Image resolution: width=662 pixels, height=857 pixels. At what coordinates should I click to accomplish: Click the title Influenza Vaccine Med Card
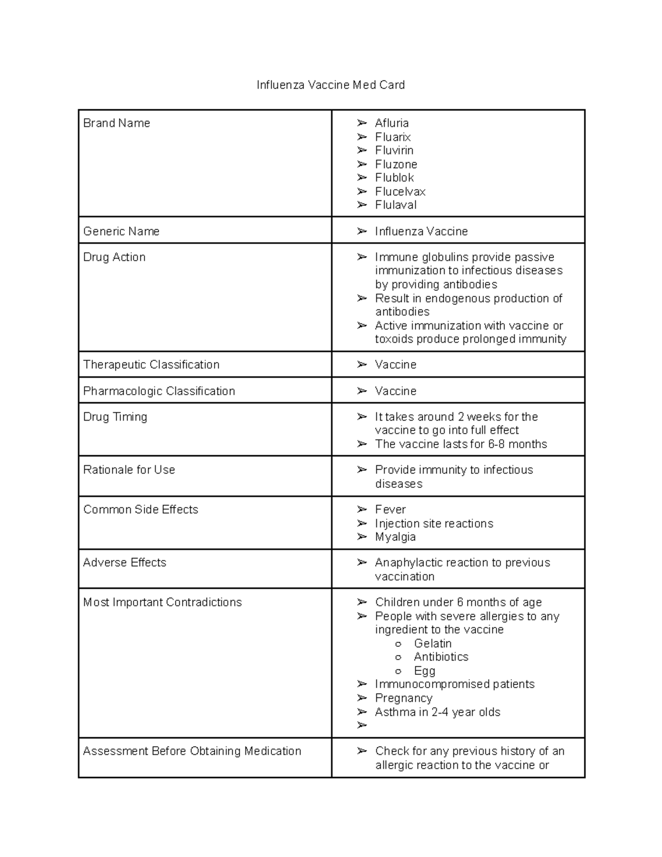tap(330, 85)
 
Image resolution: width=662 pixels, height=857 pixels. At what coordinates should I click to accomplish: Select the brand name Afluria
tap(392, 123)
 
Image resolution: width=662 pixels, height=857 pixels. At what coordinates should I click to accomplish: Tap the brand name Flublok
tap(394, 178)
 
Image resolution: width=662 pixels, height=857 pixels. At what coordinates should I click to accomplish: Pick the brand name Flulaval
tap(396, 205)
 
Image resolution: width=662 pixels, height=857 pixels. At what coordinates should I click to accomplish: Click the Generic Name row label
tap(121, 231)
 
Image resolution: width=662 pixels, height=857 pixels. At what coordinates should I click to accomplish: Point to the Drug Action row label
tap(114, 257)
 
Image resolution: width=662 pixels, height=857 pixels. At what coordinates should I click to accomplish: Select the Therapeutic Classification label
tap(151, 365)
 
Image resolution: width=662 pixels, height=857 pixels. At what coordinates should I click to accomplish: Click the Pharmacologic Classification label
tap(159, 391)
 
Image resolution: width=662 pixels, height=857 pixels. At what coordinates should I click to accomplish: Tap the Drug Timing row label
tap(115, 417)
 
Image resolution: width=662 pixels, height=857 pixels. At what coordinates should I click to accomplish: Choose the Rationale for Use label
tap(129, 470)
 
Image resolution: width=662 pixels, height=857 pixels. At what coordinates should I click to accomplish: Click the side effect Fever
tap(390, 509)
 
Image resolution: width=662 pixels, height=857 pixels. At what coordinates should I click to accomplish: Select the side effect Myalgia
tap(395, 537)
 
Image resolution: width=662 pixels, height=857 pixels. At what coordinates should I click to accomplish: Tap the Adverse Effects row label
tap(125, 563)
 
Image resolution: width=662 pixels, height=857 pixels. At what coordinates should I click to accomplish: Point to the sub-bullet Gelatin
tap(433, 643)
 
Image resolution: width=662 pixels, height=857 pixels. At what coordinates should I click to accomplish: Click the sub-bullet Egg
tap(424, 671)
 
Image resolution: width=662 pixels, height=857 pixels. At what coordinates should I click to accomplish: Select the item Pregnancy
tap(403, 698)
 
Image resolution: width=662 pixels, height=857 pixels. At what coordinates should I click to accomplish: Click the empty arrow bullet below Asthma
tap(362, 725)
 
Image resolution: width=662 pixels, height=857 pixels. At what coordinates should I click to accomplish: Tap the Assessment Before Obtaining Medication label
tap(192, 751)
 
